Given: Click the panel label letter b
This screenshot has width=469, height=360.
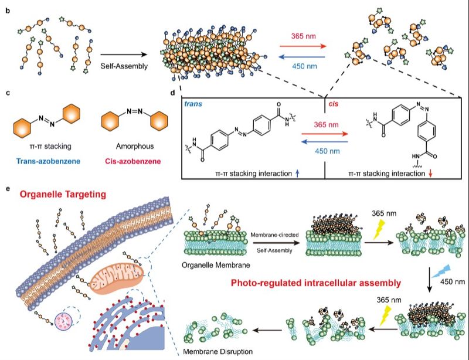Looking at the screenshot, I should (x=6, y=9).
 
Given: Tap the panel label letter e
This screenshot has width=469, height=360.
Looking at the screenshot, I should (x=6, y=189).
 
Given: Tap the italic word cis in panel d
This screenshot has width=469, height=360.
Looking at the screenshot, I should (x=334, y=103).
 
